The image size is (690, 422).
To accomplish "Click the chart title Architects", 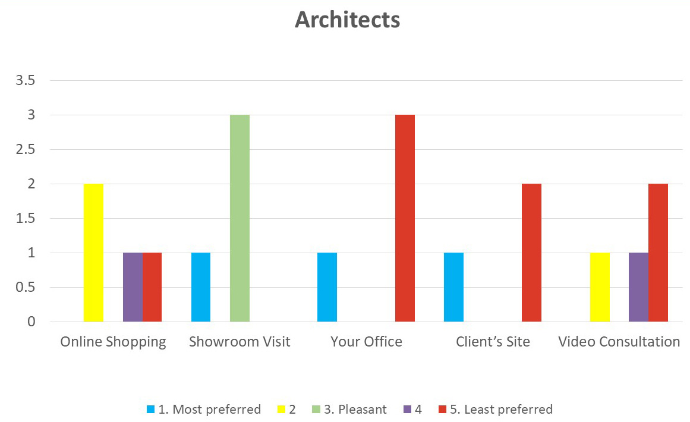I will (x=347, y=20).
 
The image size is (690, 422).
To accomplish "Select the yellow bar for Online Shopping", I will (x=93, y=253).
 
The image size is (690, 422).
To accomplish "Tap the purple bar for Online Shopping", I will (x=133, y=287).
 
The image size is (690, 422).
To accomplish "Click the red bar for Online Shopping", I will (x=152, y=287).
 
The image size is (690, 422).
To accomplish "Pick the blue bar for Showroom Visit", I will (x=201, y=287).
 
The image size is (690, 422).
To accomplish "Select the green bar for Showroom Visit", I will (x=240, y=218).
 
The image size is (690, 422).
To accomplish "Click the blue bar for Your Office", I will (x=327, y=287).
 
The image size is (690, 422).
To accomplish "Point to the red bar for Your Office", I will (x=405, y=218).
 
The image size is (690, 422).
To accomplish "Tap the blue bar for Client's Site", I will (x=453, y=287).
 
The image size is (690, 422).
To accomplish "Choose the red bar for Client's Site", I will (x=531, y=253).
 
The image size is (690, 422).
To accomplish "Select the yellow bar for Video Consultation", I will (x=600, y=287).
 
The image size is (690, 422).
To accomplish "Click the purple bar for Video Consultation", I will (x=638, y=287).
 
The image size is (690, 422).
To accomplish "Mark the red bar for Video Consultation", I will (x=658, y=253).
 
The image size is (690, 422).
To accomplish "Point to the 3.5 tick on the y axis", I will (x=26, y=80).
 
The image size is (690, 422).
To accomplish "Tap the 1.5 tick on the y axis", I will (x=26, y=218).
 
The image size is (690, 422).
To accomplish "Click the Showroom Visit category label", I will (x=240, y=342).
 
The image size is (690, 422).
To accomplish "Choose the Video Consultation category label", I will (x=619, y=342).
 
